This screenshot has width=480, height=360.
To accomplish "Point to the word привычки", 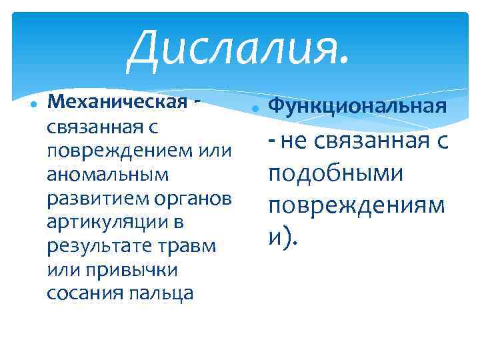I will click(x=136, y=269).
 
